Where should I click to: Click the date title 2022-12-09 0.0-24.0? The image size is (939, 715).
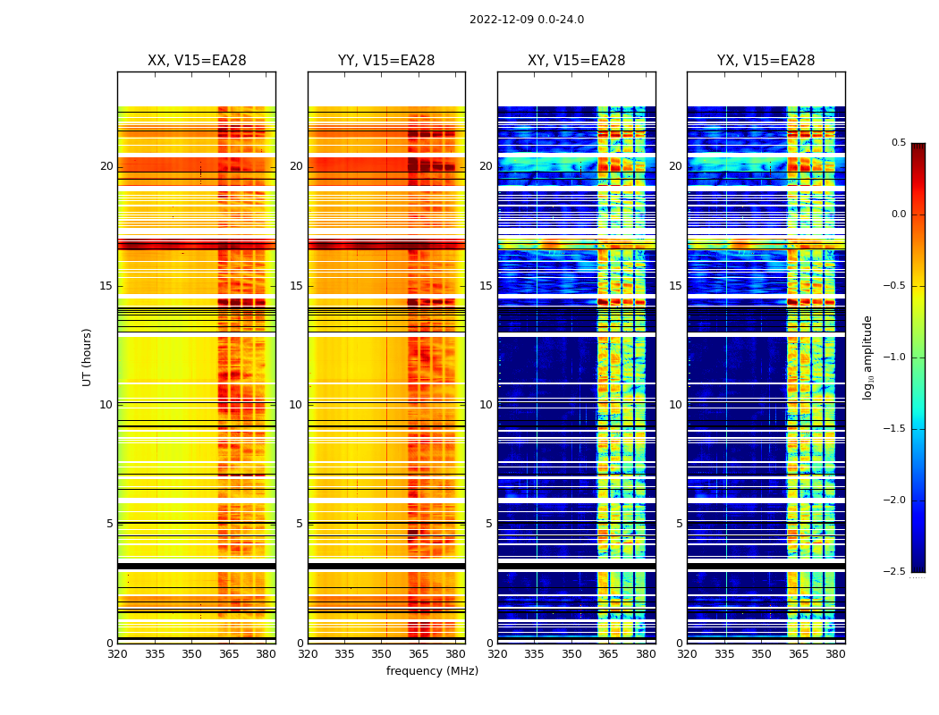click(x=526, y=20)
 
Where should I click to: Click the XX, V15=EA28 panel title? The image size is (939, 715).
click(x=197, y=61)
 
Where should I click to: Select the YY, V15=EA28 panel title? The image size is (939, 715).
click(x=386, y=61)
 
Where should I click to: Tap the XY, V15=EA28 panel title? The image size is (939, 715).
click(x=576, y=61)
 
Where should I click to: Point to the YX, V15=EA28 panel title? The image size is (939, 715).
click(x=766, y=61)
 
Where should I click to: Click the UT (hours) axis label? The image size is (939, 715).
click(x=87, y=357)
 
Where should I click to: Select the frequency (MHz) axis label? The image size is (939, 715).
click(x=432, y=671)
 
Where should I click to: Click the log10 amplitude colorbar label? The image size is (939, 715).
click(x=867, y=357)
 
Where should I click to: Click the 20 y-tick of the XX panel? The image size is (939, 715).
click(x=106, y=166)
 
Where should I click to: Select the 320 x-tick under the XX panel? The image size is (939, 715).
click(x=117, y=654)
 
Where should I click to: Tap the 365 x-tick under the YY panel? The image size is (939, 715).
click(x=419, y=654)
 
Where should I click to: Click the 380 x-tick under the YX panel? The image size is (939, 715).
click(x=834, y=654)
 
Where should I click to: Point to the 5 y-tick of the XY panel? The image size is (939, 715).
click(x=489, y=524)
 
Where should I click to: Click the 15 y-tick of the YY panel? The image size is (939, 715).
click(x=297, y=286)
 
